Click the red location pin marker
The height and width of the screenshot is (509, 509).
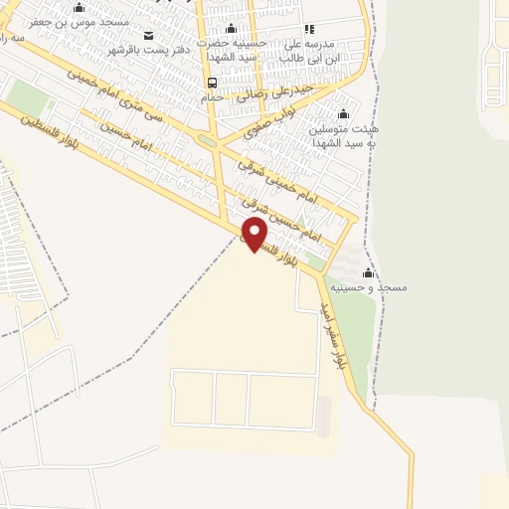(x=255, y=235)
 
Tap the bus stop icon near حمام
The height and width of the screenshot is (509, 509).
(x=212, y=84)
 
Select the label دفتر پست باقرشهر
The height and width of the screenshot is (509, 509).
(x=149, y=51)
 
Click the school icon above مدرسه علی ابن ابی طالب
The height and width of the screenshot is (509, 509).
(x=308, y=29)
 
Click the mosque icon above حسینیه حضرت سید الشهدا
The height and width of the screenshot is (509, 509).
(x=232, y=29)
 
